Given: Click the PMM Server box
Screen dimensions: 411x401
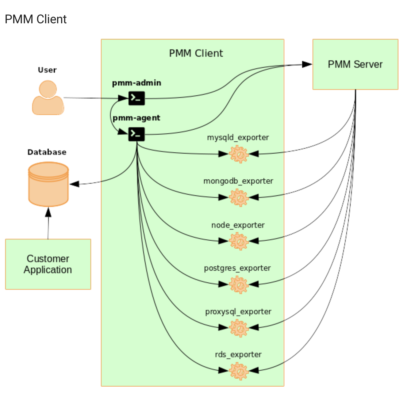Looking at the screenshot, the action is (355, 64).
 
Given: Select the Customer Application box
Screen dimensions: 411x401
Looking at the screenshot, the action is (48, 264).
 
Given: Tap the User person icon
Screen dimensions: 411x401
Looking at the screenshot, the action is (48, 97).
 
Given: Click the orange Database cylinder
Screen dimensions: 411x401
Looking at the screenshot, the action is (48, 184).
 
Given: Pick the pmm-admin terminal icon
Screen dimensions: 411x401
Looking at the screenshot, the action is (137, 98).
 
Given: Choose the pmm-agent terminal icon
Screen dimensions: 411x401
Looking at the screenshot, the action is (137, 134).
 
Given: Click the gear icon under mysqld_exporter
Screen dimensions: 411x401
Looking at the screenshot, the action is (239, 154).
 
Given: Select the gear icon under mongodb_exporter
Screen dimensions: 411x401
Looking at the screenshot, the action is (239, 198).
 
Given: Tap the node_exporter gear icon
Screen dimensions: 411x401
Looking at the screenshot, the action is (239, 241).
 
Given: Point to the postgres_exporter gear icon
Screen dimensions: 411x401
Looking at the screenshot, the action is (239, 285).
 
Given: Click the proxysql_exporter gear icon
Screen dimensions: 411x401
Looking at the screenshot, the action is (239, 328).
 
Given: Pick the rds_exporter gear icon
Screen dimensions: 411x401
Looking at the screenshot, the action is (239, 371).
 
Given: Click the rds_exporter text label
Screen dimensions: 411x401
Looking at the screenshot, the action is (238, 355).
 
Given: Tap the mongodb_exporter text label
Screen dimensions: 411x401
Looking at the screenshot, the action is (238, 181).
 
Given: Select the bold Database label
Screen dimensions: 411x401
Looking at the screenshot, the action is (47, 152).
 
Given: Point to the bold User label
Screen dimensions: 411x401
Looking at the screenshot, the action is (47, 70).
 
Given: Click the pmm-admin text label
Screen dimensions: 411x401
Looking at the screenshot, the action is (137, 83).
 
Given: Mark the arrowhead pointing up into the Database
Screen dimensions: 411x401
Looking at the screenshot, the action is (48, 212).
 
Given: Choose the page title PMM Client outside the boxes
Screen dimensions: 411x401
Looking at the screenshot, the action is (36, 19).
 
